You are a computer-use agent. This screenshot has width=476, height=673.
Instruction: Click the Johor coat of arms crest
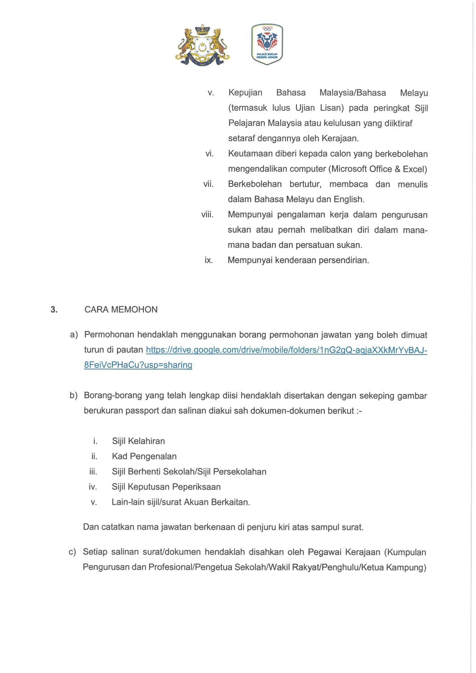202,45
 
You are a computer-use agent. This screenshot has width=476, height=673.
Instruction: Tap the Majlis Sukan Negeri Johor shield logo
267,44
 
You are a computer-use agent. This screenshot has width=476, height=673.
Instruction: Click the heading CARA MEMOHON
121,310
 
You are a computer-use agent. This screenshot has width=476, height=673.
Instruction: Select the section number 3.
54,310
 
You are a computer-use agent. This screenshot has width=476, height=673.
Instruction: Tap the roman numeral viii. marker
207,214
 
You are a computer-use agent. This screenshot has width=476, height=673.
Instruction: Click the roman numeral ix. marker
209,260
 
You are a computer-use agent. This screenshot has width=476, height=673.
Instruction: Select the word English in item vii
349,200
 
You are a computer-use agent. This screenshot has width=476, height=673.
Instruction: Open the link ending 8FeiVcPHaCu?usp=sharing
138,365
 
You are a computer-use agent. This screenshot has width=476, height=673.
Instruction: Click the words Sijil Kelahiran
138,441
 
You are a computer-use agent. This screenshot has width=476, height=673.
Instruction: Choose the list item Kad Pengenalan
144,457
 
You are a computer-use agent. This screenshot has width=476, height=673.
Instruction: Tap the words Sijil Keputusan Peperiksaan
166,487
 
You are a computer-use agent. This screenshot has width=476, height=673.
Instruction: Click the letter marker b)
74,396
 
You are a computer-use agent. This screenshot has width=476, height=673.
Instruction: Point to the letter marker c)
72,552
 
